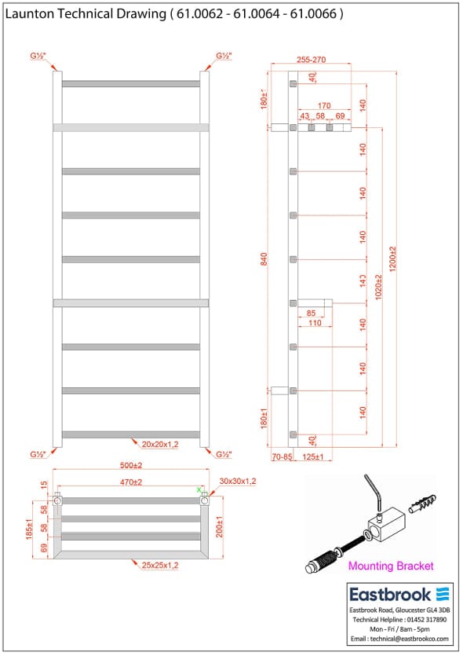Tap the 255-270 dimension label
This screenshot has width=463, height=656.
pos(312,59)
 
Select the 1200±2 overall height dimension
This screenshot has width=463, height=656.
pos(392,259)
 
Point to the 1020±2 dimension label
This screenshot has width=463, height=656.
pos(377,288)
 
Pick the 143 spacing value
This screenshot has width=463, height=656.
pos(363,280)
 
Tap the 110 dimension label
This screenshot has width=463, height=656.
pos(314,323)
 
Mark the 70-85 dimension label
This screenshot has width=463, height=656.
pos(281,456)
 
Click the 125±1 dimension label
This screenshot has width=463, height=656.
pos(314,456)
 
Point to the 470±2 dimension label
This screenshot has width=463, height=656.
pos(130,482)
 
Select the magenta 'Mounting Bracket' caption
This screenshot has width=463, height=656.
pos(390,566)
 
